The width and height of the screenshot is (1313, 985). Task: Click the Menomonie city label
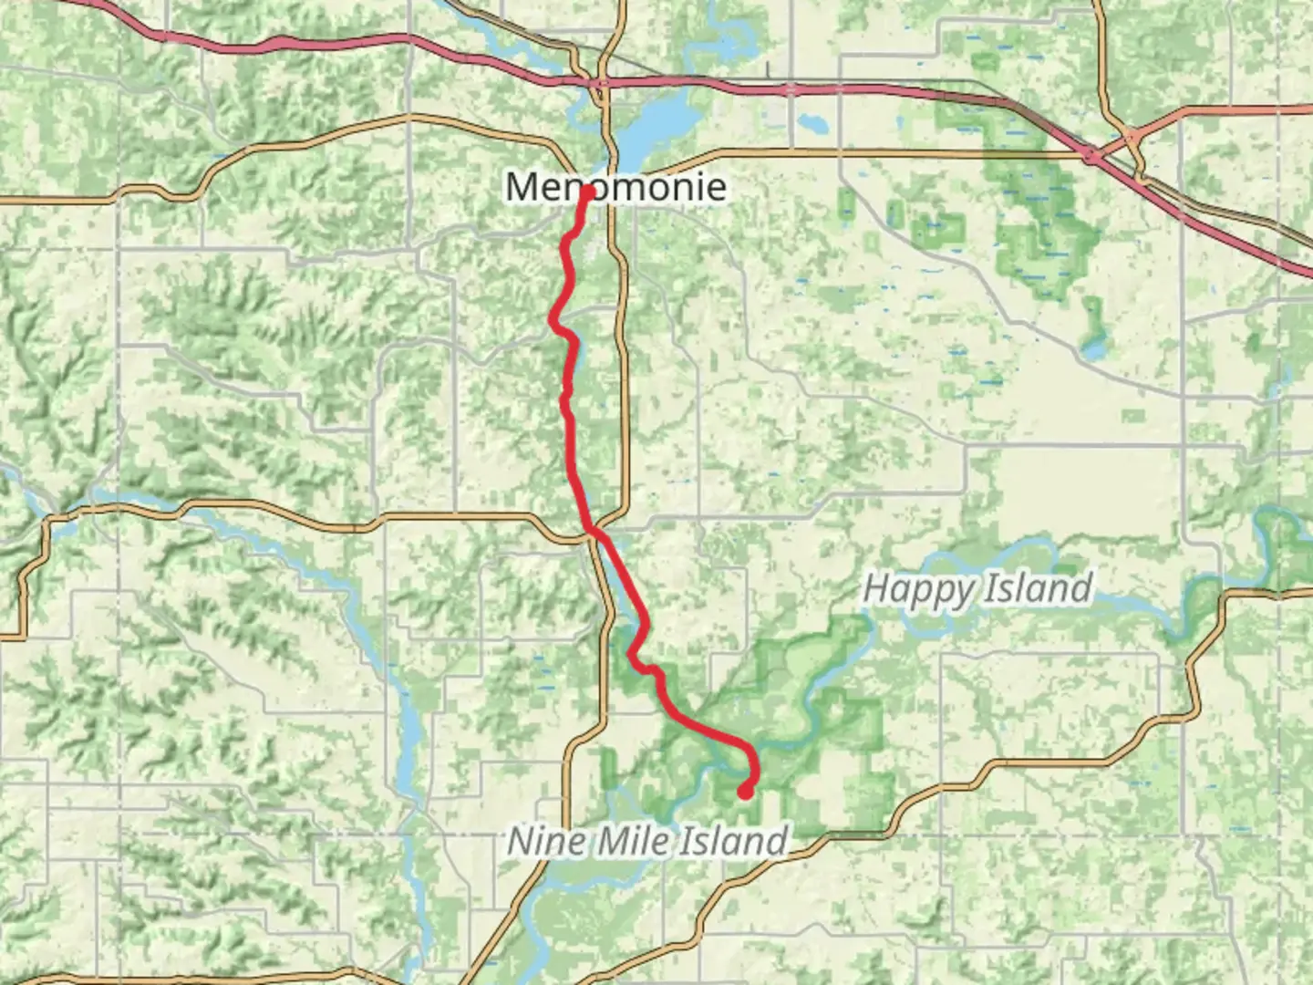pos(616,187)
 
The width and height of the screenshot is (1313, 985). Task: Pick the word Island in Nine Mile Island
pos(729,840)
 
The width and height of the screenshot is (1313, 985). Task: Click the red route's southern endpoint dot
pos(745,792)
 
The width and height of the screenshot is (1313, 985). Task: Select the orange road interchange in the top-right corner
pos(1132,137)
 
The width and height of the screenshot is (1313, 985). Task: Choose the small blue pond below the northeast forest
pos(1091,349)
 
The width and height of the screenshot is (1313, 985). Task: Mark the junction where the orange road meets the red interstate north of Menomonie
pos(602,84)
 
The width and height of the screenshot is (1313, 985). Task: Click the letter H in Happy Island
pos(875,588)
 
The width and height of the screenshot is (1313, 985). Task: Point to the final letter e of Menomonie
pos(716,188)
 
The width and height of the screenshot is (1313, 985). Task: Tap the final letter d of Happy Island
pos(1081,588)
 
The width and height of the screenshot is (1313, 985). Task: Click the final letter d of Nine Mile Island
pos(775,840)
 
